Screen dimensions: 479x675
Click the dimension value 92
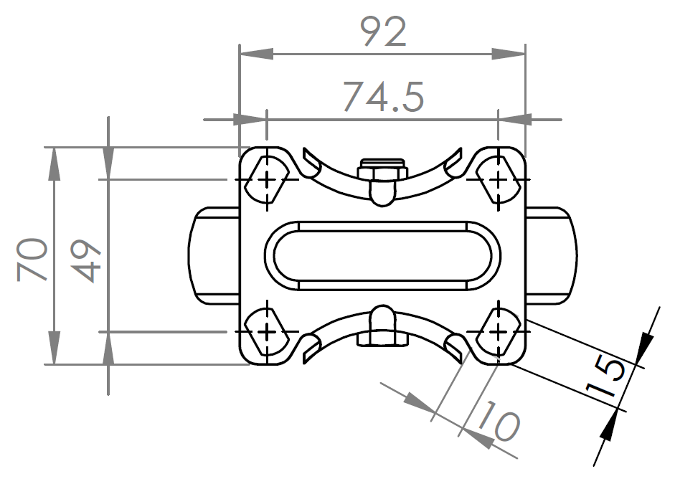[382, 32]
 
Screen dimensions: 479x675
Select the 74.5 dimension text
[382, 95]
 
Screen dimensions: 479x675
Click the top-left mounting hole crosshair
[267, 179]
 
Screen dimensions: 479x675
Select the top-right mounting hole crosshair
[498, 179]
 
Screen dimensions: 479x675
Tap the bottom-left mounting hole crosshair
[267, 332]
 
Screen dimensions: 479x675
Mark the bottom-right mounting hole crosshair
[498, 332]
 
